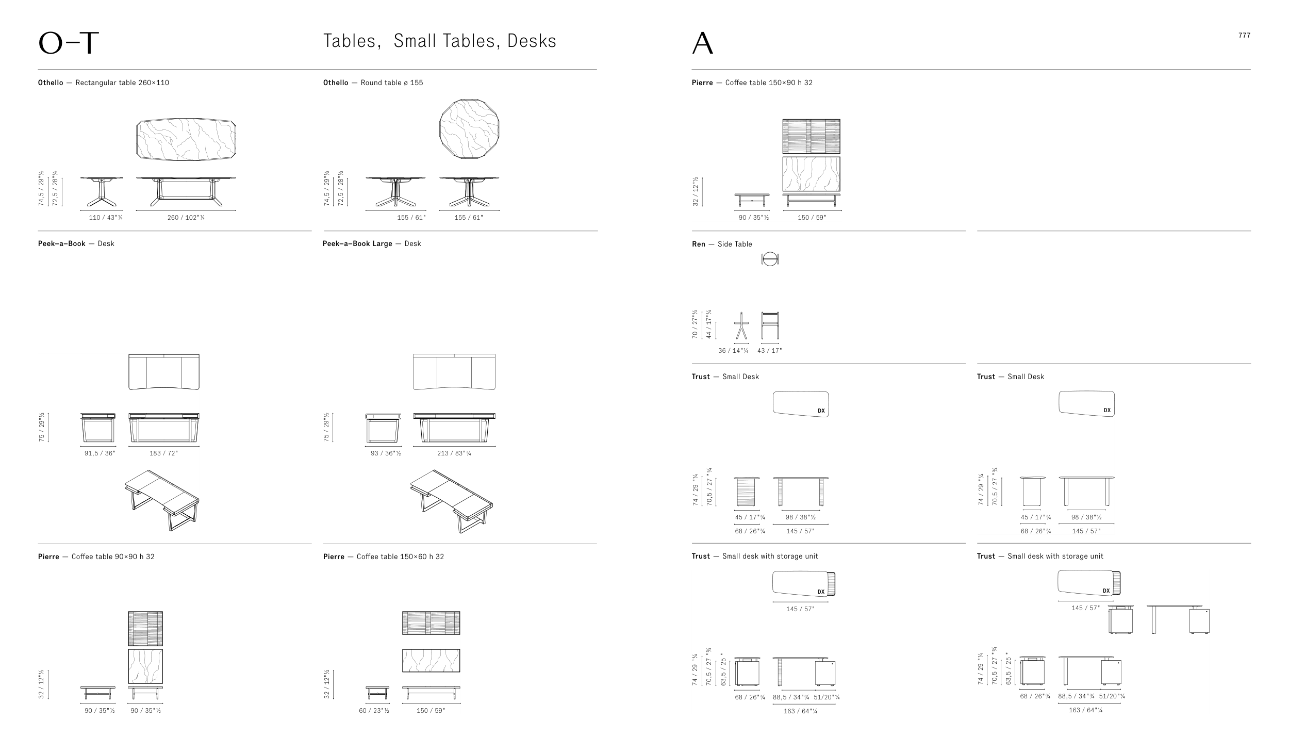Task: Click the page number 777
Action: [1244, 36]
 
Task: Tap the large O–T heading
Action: [68, 43]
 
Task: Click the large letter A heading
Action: [703, 43]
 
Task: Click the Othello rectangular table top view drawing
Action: [186, 139]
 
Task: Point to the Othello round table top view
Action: [469, 128]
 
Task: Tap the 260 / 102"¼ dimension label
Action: [186, 218]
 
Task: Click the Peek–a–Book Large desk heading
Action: [372, 243]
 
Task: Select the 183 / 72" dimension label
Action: [164, 453]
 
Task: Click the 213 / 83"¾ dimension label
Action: [454, 453]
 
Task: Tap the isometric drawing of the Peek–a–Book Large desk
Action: [451, 501]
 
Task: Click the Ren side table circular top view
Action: [770, 259]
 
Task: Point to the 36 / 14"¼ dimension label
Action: [733, 351]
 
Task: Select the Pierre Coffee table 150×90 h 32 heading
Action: [752, 83]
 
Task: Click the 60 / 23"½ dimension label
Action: [374, 711]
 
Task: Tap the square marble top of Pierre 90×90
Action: [145, 666]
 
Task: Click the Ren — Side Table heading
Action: [722, 244]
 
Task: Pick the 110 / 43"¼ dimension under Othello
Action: [106, 218]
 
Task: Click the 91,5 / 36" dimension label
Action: [100, 453]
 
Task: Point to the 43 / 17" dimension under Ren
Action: [770, 351]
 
